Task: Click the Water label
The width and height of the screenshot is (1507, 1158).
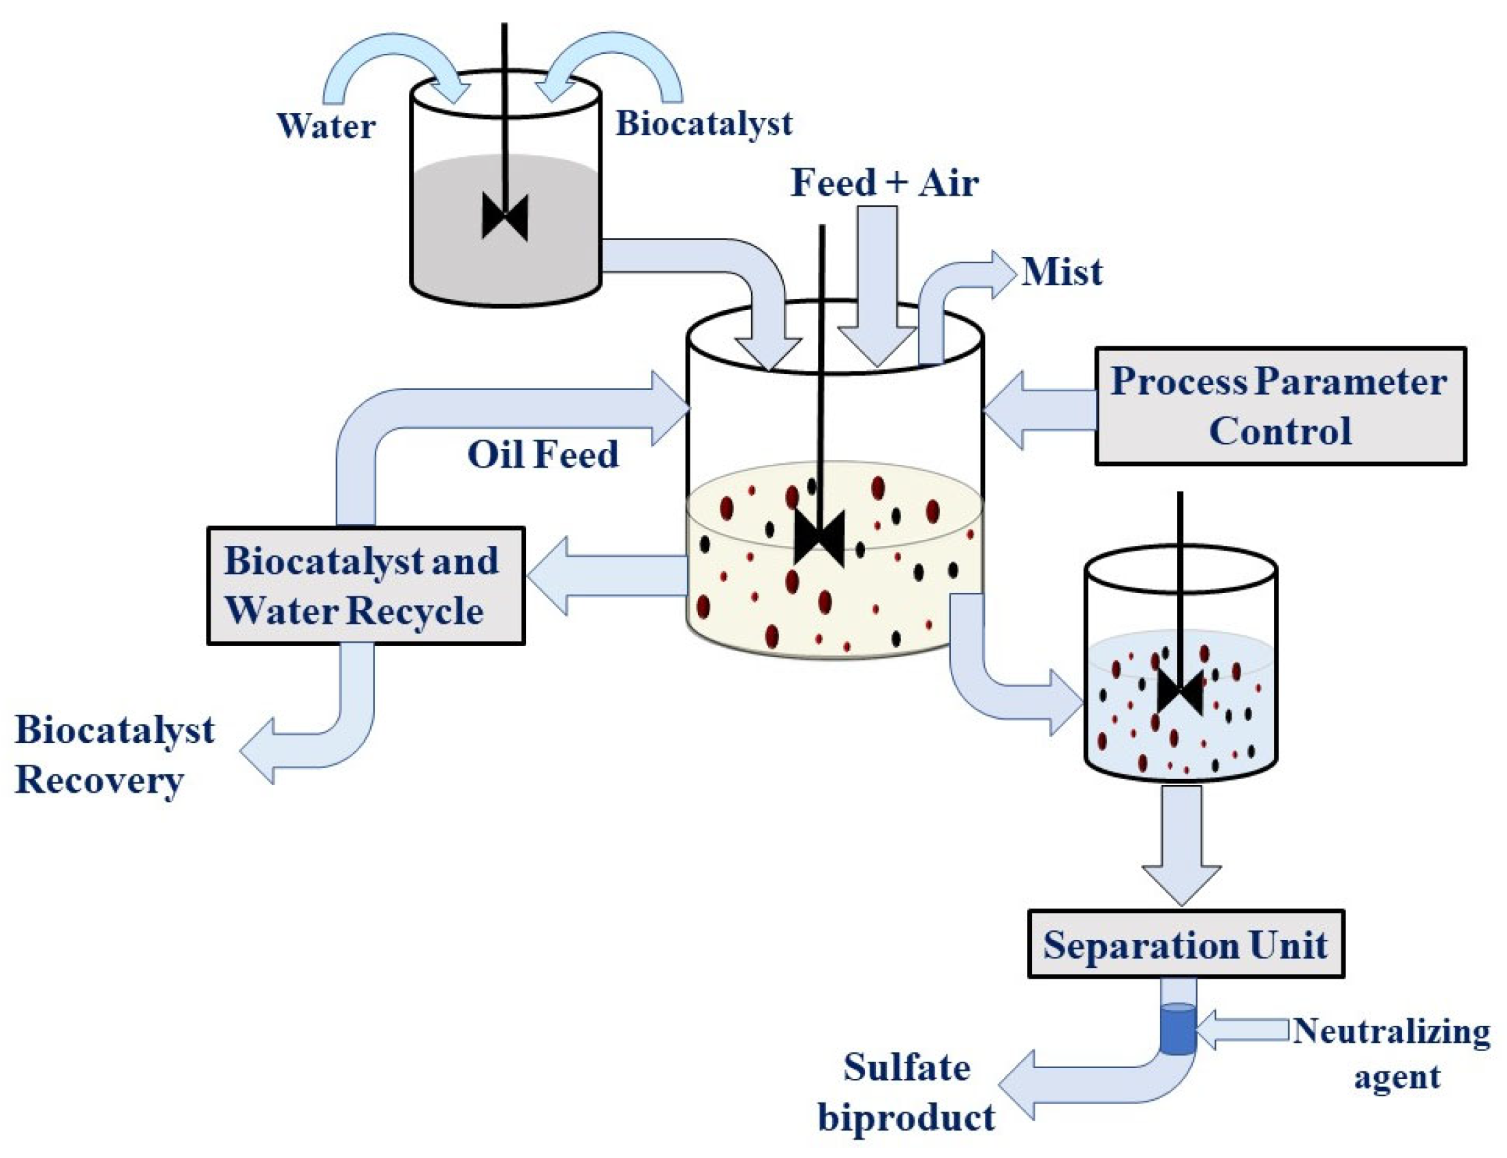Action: (325, 126)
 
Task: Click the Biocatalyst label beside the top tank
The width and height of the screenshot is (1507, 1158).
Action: (703, 124)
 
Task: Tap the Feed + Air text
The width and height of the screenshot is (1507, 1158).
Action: (884, 183)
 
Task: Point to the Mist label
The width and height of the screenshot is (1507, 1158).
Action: (1061, 271)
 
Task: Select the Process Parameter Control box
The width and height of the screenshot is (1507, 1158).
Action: (1279, 406)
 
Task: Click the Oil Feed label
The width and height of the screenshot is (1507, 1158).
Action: (543, 454)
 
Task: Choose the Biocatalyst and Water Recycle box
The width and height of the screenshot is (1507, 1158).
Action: (365, 586)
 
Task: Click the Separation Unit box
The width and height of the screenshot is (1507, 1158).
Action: (1185, 944)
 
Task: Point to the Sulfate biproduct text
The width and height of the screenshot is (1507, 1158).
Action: (906, 1092)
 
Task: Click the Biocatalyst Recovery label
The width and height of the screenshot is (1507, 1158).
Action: (114, 755)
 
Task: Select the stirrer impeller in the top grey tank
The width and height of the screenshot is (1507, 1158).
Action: (504, 217)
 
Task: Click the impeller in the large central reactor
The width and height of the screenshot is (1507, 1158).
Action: (819, 538)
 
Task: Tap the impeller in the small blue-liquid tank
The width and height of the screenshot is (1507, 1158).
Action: (1180, 691)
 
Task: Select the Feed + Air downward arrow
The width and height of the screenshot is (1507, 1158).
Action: (877, 290)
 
